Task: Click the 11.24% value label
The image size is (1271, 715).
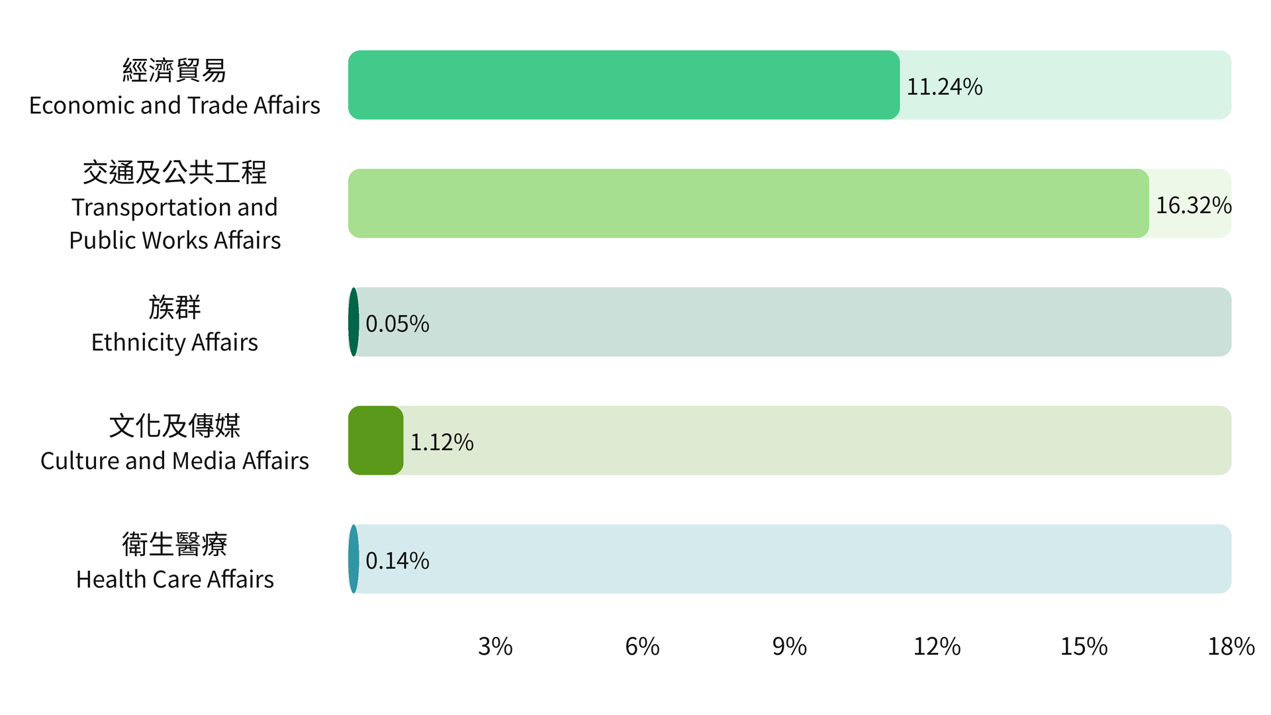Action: (x=944, y=87)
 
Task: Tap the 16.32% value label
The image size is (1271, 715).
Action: (x=1194, y=205)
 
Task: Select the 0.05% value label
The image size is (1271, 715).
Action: (x=397, y=324)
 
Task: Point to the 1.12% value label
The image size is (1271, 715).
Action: (x=442, y=442)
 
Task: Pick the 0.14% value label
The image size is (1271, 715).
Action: (x=397, y=561)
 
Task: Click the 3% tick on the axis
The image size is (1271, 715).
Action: (x=495, y=646)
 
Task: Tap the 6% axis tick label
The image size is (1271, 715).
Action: (x=642, y=646)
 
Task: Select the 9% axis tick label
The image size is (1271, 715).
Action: (x=790, y=646)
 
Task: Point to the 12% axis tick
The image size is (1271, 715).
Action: (x=937, y=646)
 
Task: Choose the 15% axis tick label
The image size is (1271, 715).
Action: (x=1084, y=646)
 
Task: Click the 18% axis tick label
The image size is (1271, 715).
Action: (x=1231, y=646)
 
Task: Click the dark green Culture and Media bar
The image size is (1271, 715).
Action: (x=375, y=440)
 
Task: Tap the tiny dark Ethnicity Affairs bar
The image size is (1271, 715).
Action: (x=353, y=322)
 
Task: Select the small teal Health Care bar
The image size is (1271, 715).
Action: (x=353, y=559)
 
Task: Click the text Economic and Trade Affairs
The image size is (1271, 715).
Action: (x=175, y=105)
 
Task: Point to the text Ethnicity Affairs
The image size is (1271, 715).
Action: (x=175, y=342)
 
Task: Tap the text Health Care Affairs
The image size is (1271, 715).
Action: (x=175, y=579)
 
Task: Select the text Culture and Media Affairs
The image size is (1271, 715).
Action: (x=175, y=461)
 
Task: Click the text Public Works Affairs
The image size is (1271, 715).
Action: (x=175, y=240)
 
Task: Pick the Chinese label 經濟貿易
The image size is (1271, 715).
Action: (x=175, y=70)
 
